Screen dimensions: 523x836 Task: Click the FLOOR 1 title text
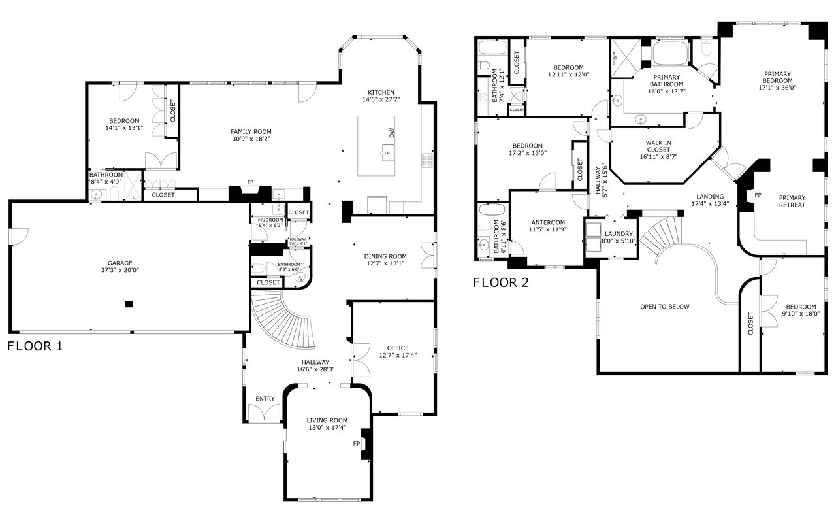click(x=35, y=346)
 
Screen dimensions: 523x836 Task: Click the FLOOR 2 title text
click(x=501, y=283)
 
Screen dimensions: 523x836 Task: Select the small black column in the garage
click(x=129, y=304)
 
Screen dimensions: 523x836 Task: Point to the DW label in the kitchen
click(x=391, y=133)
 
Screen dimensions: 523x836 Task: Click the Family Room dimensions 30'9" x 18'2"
click(x=251, y=139)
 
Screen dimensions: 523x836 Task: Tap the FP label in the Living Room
click(x=357, y=444)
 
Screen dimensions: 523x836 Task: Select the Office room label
click(x=398, y=348)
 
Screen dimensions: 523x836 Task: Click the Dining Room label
click(x=385, y=256)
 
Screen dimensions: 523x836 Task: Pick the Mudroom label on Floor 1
click(x=270, y=220)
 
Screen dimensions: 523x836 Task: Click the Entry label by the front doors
click(x=265, y=399)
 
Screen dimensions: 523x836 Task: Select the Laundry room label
click(x=618, y=233)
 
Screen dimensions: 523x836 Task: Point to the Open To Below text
click(x=664, y=307)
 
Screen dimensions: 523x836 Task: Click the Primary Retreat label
click(x=792, y=201)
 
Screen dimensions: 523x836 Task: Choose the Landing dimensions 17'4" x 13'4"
click(x=709, y=204)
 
